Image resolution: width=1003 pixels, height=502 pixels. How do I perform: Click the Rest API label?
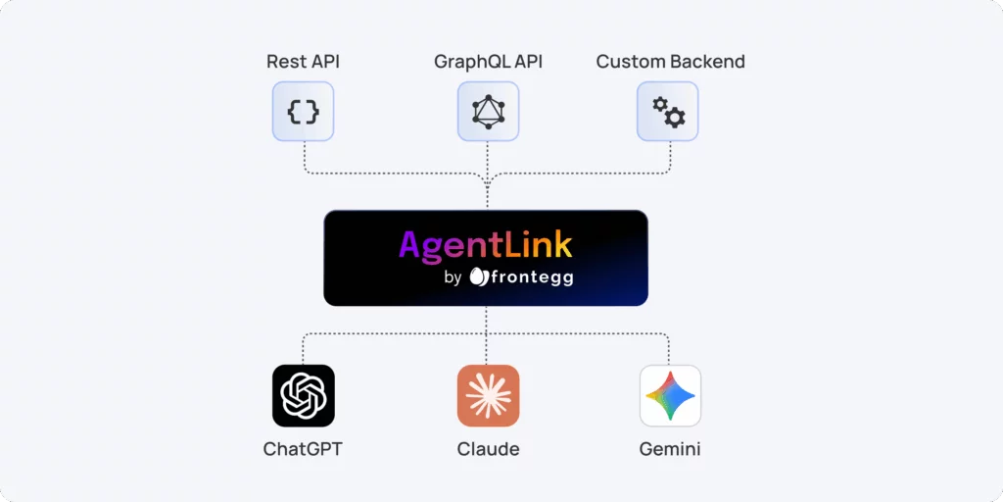click(x=303, y=62)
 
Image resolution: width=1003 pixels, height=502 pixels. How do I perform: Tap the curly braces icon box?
click(x=303, y=112)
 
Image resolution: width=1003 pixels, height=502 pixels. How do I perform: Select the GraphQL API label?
click(x=488, y=62)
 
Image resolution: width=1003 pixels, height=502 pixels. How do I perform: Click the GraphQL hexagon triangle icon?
click(x=488, y=112)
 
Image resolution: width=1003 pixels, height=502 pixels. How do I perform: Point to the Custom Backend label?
click(x=670, y=62)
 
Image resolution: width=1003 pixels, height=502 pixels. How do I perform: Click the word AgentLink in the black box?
click(x=485, y=243)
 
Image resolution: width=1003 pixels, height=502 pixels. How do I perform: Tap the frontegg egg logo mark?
click(x=478, y=277)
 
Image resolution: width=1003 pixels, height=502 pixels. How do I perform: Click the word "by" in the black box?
click(x=453, y=277)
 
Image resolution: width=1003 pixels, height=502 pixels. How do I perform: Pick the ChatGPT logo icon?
click(x=303, y=396)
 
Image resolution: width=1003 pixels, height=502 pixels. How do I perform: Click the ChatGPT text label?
click(x=303, y=450)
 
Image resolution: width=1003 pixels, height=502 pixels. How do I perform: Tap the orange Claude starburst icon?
click(x=488, y=396)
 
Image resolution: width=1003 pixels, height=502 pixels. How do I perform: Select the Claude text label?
click(x=488, y=450)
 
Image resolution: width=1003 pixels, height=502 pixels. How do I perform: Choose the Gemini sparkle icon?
click(x=670, y=396)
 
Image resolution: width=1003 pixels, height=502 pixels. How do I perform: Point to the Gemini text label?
click(x=670, y=450)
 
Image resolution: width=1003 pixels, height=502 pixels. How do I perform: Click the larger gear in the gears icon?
click(x=674, y=118)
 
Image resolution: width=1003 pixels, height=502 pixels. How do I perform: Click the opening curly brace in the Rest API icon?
click(x=294, y=112)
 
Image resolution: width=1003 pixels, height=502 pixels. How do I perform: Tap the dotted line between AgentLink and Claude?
click(x=487, y=333)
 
